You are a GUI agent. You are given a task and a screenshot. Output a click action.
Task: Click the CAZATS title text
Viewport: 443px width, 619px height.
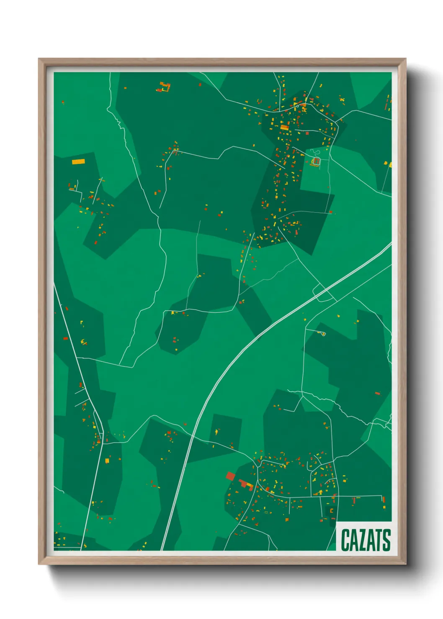[x=365, y=540]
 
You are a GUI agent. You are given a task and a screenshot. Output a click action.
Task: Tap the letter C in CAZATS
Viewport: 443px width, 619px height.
[x=345, y=540]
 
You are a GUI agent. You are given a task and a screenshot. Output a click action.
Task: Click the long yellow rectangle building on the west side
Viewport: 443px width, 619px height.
[x=78, y=161]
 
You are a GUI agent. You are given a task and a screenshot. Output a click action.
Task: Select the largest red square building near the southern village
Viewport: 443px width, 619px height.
[x=230, y=476]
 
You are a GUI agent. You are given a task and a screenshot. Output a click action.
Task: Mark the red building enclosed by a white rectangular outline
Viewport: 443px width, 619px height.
[x=317, y=161]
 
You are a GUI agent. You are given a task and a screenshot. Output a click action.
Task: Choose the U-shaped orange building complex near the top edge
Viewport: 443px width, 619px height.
[x=165, y=87]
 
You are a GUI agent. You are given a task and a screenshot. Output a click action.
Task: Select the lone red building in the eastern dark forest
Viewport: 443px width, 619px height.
[x=377, y=393]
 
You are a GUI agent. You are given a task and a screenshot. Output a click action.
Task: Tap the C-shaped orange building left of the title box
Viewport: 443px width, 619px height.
[x=331, y=511]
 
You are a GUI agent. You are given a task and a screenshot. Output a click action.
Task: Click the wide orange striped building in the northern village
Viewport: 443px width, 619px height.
[x=284, y=127]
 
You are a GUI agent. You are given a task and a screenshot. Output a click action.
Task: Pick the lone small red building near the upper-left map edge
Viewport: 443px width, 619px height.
[x=63, y=102]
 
